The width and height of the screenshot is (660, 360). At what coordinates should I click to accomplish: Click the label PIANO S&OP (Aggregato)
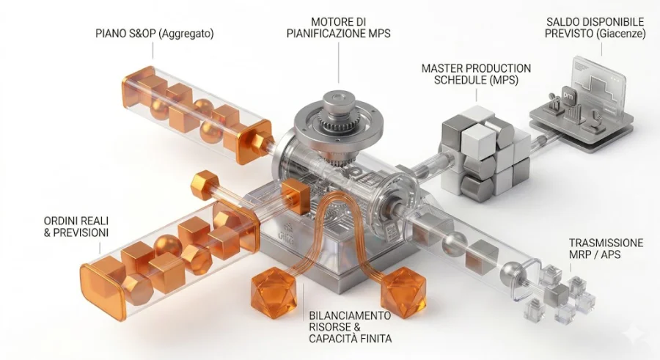coord(155,34)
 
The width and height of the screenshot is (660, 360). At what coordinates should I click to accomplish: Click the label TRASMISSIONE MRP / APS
coord(606,249)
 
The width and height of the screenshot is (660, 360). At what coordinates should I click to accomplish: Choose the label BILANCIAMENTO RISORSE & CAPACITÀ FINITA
coord(350,326)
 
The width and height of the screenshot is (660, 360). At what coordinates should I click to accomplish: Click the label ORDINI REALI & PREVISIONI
coord(65,227)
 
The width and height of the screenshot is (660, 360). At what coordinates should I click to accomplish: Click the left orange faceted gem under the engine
coord(273,293)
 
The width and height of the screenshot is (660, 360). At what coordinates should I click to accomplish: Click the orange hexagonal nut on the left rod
coord(205,185)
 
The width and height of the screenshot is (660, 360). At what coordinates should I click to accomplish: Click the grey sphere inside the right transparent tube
coord(453,240)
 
